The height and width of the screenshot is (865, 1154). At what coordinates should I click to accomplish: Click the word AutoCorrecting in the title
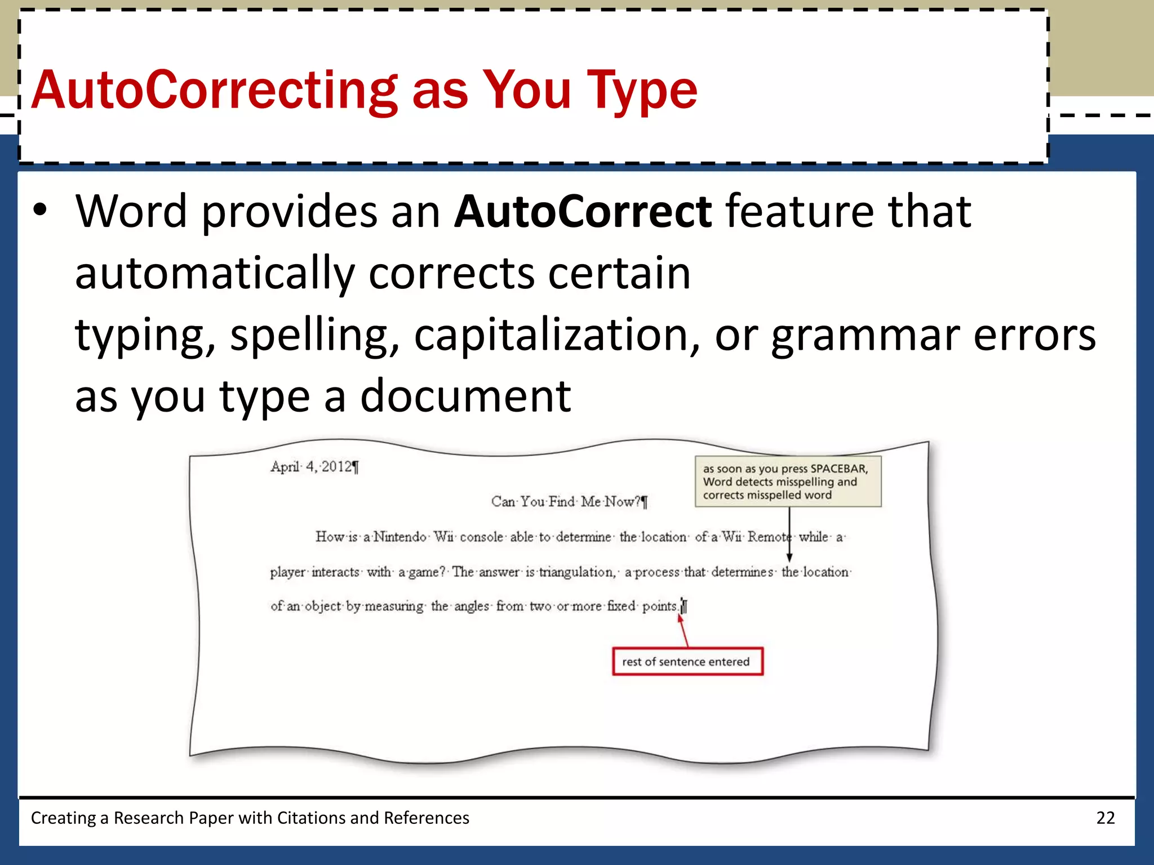click(x=214, y=90)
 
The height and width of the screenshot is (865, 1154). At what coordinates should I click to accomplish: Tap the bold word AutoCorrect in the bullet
click(x=583, y=212)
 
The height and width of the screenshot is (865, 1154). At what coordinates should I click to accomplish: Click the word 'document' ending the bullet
click(x=465, y=396)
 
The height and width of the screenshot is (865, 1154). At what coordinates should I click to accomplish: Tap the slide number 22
click(x=1105, y=818)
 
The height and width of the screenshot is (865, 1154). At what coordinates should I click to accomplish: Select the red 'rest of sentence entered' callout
click(x=687, y=662)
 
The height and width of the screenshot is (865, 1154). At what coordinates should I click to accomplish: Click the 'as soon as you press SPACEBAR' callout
click(x=787, y=481)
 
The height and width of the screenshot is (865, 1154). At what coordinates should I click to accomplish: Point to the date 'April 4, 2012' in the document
click(x=313, y=467)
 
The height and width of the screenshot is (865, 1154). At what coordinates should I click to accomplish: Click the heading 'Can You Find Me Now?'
click(x=568, y=502)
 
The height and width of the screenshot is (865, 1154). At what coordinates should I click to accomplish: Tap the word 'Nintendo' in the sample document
click(x=400, y=537)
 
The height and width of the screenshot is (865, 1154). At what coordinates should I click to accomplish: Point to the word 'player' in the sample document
click(x=287, y=573)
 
